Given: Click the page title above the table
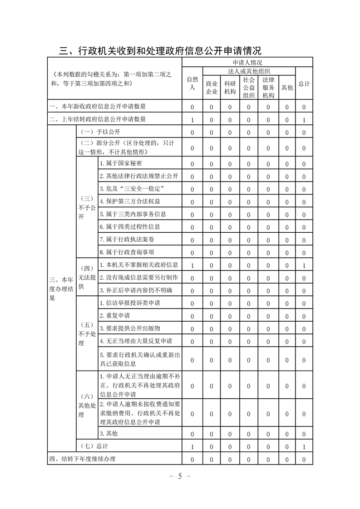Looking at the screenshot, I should (161, 50).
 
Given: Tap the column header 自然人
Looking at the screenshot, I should (192, 83).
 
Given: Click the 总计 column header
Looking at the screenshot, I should (304, 83).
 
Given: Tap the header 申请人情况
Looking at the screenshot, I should (247, 63).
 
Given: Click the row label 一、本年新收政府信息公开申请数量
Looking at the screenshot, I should (98, 107).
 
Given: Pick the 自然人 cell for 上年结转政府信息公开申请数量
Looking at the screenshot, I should (192, 120).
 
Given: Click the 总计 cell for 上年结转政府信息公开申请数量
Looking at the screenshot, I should (304, 120).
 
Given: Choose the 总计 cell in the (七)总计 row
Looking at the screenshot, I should (304, 447).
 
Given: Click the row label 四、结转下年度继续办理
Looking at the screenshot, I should (82, 459).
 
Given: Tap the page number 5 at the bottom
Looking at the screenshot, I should (180, 476).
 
